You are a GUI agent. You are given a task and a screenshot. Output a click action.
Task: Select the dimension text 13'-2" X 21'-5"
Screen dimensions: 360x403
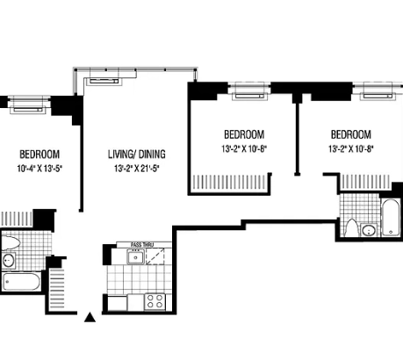(138, 169)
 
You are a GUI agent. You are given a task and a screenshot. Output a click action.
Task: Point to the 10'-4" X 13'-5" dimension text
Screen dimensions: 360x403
(40, 169)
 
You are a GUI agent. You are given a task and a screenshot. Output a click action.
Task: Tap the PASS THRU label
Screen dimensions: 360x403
(141, 245)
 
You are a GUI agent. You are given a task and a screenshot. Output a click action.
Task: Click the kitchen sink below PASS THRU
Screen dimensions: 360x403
(136, 257)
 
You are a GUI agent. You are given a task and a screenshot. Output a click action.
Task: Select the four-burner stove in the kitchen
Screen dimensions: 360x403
(155, 301)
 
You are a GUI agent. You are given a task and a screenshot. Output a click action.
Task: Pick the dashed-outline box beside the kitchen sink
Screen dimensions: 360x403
(156, 259)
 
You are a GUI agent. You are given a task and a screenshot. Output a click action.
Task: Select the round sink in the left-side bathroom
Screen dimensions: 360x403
(9, 260)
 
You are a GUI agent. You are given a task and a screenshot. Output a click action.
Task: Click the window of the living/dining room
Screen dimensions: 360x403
(133, 72)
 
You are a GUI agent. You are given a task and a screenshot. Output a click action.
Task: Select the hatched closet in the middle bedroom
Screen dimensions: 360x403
(227, 183)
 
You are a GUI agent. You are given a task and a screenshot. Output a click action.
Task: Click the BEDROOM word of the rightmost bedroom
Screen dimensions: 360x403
(350, 134)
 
